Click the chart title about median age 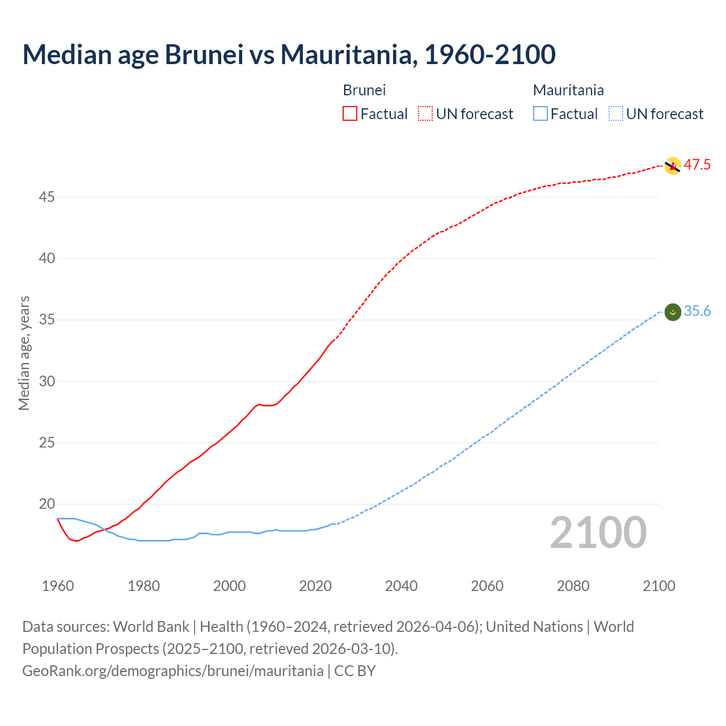[289, 54]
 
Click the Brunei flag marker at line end [673, 166]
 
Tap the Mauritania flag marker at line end [673, 312]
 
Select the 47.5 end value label [697, 165]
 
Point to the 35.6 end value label [697, 311]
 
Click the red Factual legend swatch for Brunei [350, 113]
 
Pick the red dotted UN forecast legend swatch [425, 113]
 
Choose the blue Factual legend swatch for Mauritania [540, 113]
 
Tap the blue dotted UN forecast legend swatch [615, 113]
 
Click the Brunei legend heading [364, 90]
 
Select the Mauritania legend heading [568, 90]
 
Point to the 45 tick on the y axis [47, 197]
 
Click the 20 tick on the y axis [47, 504]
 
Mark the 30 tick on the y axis [47, 381]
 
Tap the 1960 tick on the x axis [58, 586]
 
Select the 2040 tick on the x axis [401, 586]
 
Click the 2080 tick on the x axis [573, 586]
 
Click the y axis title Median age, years [24, 353]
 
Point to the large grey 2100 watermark [598, 532]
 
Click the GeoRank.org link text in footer [172, 671]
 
